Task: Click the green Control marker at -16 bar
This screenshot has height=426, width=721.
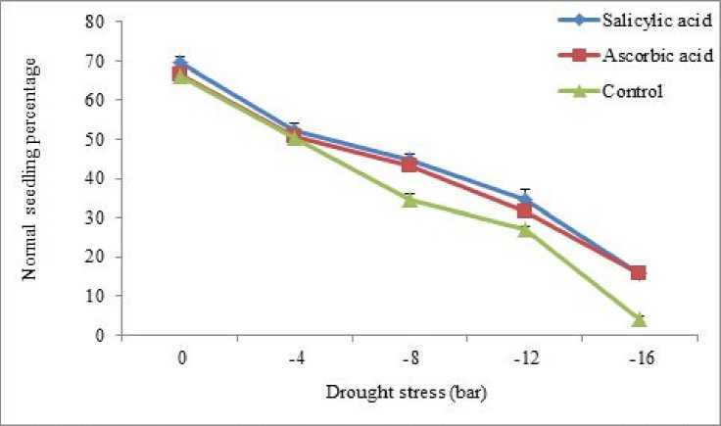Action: point(638,319)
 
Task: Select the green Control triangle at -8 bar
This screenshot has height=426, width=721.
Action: point(409,200)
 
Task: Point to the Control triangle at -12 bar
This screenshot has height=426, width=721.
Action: point(524,229)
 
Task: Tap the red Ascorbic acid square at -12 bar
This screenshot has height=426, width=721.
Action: point(524,211)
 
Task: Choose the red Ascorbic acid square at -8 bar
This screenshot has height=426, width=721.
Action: point(409,165)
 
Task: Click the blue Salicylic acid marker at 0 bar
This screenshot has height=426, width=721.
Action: point(180,63)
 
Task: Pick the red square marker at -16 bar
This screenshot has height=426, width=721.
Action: point(638,272)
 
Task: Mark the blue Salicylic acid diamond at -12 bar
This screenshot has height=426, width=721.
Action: point(524,199)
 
